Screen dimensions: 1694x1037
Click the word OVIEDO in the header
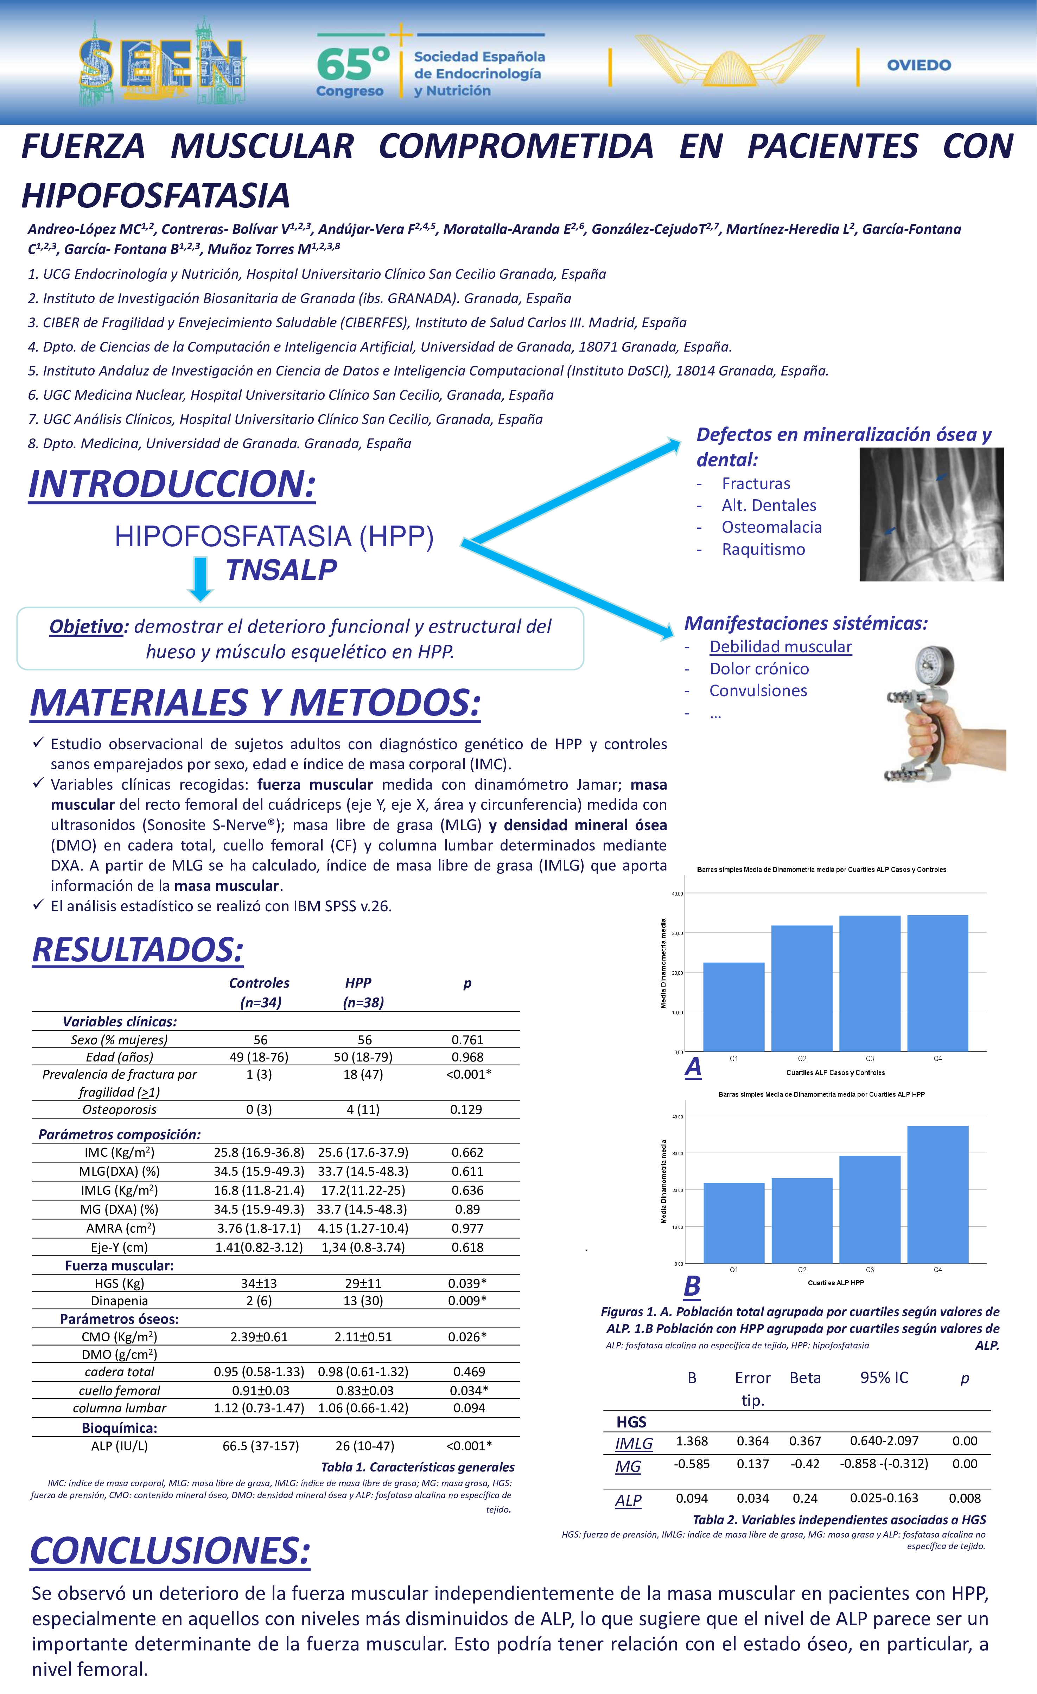919,65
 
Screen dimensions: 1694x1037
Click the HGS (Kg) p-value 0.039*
467,1283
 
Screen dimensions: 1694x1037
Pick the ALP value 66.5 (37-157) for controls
261,1446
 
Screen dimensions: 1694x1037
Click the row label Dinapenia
120,1301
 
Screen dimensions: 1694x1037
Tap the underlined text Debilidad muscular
781,647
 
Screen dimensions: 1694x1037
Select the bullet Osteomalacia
771,527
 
